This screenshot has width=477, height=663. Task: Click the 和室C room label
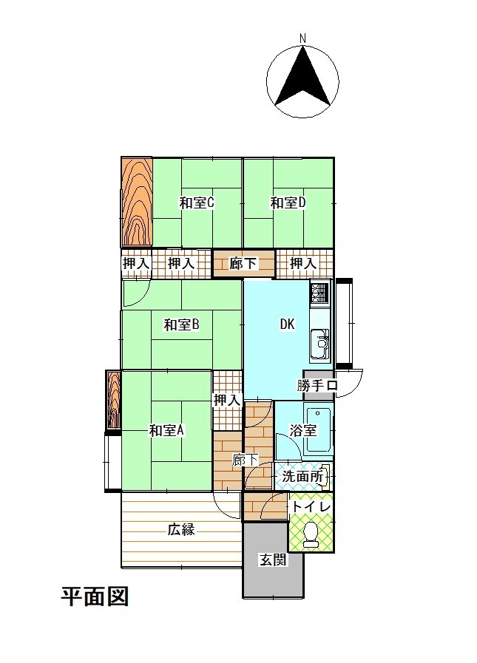point(197,203)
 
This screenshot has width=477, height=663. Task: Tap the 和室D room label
point(288,203)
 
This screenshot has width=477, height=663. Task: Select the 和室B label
point(182,324)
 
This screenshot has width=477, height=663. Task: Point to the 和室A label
point(166,430)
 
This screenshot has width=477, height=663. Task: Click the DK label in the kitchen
point(288,324)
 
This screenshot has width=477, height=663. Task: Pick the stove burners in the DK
point(319,293)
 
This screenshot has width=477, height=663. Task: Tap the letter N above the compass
point(302,38)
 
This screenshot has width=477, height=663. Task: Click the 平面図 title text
point(95,596)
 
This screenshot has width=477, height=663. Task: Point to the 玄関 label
point(274,560)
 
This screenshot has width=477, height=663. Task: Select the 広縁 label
point(182,529)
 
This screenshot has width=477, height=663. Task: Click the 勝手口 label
point(317,386)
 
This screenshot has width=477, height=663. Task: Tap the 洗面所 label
point(302,477)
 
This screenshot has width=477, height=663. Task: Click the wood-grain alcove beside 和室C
point(137,202)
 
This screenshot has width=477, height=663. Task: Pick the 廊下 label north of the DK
point(243,263)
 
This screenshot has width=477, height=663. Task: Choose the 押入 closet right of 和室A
point(228,400)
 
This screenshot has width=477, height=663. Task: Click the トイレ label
point(311,506)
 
